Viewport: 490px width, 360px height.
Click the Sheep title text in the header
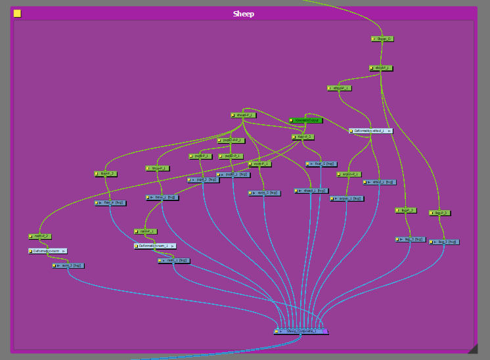tap(243, 14)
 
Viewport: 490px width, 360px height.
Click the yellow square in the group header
tap(17, 13)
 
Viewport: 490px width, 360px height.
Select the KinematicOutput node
tap(305, 120)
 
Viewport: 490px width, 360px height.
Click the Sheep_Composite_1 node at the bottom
tap(301, 331)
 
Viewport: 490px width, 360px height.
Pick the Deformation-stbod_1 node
tap(370, 131)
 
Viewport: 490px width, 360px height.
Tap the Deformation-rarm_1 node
tap(155, 246)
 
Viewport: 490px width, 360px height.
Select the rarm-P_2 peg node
tap(40, 236)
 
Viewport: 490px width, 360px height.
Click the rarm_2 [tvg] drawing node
tap(68, 265)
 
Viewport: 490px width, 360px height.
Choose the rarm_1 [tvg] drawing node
tap(174, 260)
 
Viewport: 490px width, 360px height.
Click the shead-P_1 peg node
tap(243, 115)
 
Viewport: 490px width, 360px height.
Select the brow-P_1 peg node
tap(158, 168)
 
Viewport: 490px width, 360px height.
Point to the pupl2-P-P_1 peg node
tap(231, 140)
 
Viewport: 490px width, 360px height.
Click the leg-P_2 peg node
tap(440, 213)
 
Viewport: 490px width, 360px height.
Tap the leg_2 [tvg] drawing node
tap(444, 242)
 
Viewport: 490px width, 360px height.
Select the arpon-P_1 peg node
tap(349, 174)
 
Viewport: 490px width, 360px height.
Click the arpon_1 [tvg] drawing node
tap(347, 198)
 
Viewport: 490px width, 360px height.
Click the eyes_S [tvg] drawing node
tap(264, 193)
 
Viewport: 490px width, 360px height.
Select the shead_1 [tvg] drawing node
tap(311, 191)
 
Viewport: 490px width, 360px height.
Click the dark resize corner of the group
tap(472, 348)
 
